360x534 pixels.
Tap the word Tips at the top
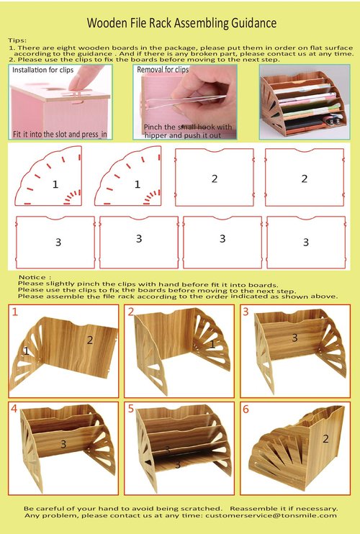pyautogui.click(x=17, y=41)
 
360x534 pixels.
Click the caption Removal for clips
pyautogui.click(x=162, y=70)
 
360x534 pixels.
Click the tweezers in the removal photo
pyautogui.click(x=180, y=106)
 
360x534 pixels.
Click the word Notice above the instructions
pyautogui.click(x=32, y=276)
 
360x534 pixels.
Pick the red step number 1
pyautogui.click(x=14, y=312)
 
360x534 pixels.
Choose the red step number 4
pyautogui.click(x=14, y=408)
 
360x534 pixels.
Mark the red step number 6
pyautogui.click(x=246, y=408)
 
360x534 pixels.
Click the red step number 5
pyautogui.click(x=130, y=408)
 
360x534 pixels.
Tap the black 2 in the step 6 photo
pyautogui.click(x=325, y=438)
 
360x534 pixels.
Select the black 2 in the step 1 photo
pyautogui.click(x=90, y=339)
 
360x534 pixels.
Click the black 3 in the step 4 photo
pyautogui.click(x=63, y=444)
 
